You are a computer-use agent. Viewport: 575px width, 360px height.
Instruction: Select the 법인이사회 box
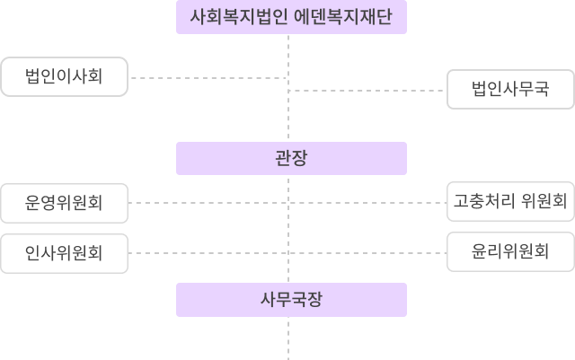pyautogui.click(x=64, y=77)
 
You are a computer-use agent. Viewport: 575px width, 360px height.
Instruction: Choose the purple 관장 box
pyautogui.click(x=291, y=158)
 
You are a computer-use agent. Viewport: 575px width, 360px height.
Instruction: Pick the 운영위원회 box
pyautogui.click(x=64, y=202)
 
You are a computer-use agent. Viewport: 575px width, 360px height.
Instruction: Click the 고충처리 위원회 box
pyautogui.click(x=510, y=200)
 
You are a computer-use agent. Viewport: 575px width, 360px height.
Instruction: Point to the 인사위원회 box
pyautogui.click(x=64, y=252)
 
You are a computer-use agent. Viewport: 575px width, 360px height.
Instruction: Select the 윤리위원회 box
pyautogui.click(x=510, y=251)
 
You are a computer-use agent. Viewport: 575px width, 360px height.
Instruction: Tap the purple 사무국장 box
pyautogui.click(x=291, y=299)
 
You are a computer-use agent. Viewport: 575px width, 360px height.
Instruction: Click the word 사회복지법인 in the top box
pyautogui.click(x=235, y=17)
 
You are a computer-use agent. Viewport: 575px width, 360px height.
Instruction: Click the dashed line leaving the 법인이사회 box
pyautogui.click(x=207, y=78)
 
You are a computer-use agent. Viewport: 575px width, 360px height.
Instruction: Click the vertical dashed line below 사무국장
pyautogui.click(x=289, y=337)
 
